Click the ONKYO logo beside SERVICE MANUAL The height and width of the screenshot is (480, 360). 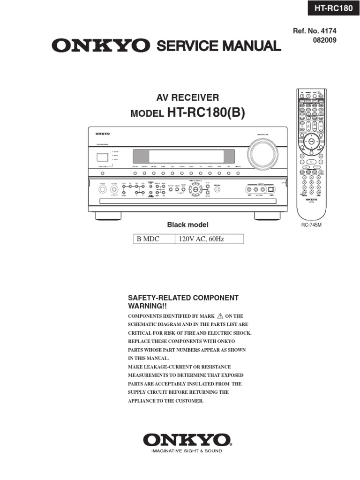click(x=101, y=46)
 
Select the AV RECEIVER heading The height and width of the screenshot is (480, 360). click(x=187, y=97)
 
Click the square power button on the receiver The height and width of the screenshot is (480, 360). click(x=100, y=158)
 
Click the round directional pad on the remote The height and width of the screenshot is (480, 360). click(x=309, y=141)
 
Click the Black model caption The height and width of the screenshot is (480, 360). click(x=187, y=225)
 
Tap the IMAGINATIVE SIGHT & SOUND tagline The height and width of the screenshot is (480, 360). click(x=187, y=451)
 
